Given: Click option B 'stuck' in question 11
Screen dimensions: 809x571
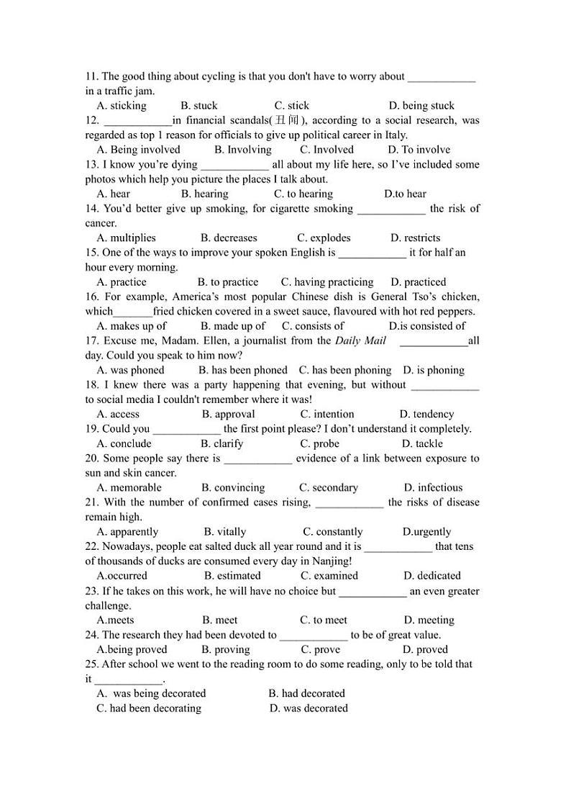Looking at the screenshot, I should click(199, 106).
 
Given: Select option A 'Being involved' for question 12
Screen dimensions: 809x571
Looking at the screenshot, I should click(138, 150).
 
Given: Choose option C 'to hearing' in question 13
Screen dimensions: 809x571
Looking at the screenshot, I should click(303, 194).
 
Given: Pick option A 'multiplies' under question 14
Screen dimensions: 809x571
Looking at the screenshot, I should click(126, 238).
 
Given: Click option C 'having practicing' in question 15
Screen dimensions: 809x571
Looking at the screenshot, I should click(327, 282).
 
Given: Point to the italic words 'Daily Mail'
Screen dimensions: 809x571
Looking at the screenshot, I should click(360, 340).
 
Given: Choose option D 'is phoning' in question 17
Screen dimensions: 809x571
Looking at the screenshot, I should click(434, 370).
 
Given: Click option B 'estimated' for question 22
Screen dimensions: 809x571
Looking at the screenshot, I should click(232, 576).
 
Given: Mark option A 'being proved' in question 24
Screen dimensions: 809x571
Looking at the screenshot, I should click(132, 649).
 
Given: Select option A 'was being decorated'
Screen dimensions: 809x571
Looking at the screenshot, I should click(151, 693).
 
